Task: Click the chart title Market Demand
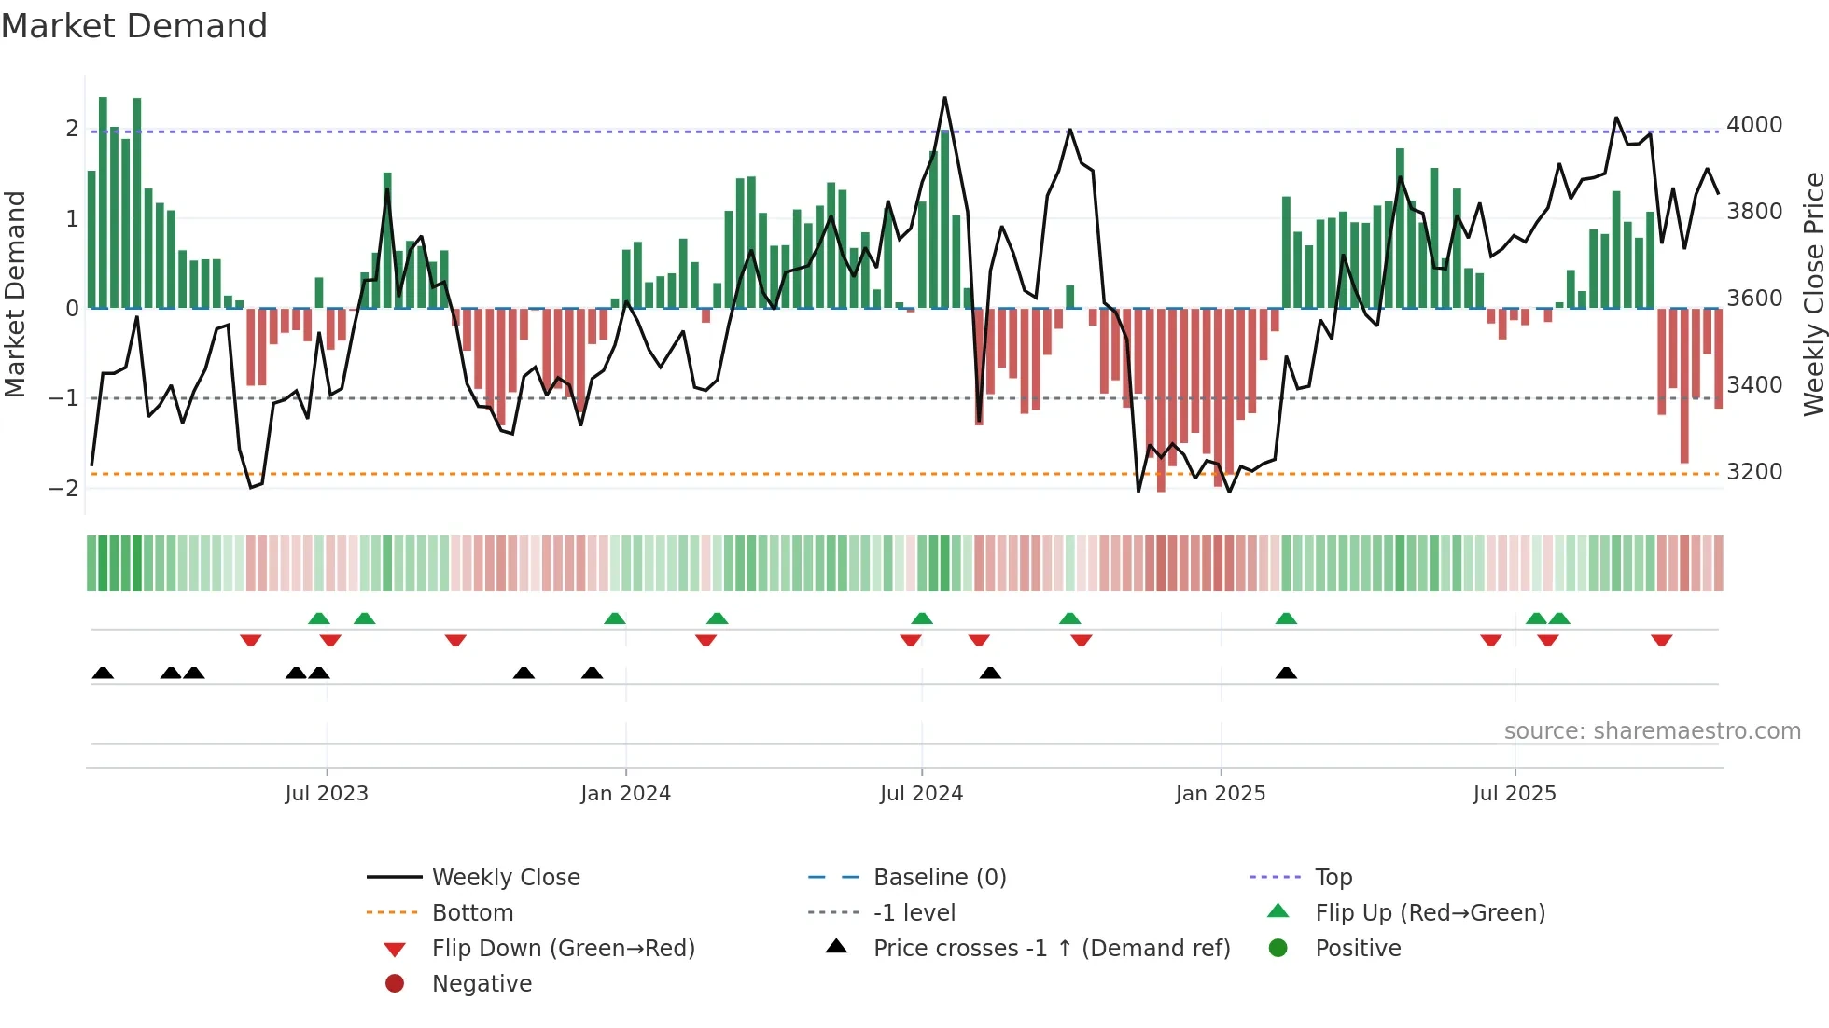134,26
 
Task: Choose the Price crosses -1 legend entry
1051,948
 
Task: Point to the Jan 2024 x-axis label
625,793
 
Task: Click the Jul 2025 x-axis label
1515,793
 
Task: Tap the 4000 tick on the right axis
1754,124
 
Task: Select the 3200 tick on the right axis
1754,471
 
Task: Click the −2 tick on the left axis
63,488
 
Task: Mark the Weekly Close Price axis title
1813,294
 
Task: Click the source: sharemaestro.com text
1652,730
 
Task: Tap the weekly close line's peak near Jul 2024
944,98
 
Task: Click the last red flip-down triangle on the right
1661,640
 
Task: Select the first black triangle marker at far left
103,673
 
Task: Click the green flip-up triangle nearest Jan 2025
1286,618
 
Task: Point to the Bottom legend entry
472,912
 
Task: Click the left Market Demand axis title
15,294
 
